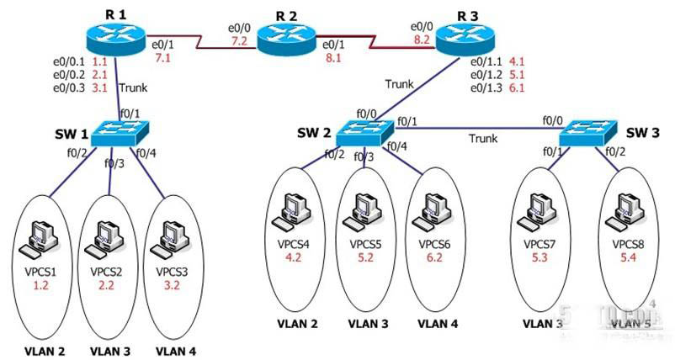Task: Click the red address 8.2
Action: [421, 39]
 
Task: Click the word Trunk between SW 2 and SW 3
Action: [483, 138]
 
